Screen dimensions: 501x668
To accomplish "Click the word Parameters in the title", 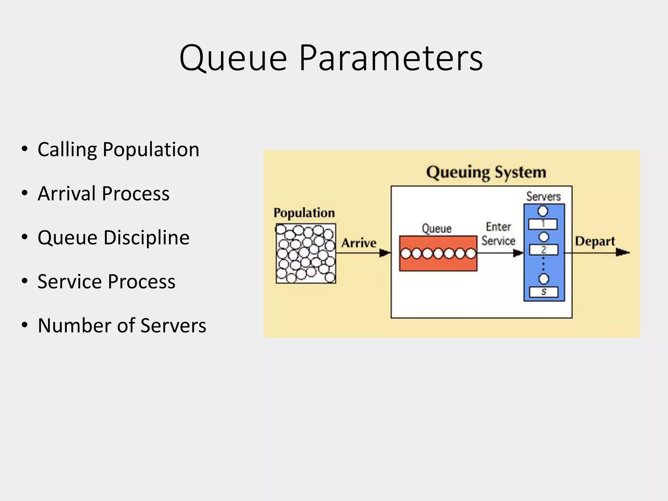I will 390,59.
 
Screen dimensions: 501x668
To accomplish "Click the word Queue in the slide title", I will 233,59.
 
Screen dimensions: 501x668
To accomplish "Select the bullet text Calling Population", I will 118,150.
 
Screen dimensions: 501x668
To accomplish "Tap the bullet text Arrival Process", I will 103,193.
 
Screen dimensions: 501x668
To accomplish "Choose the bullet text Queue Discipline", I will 113,237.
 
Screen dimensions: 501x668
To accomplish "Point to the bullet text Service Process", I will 106,281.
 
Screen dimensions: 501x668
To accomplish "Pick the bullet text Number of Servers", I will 122,326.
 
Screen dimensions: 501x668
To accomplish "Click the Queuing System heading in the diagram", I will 486,172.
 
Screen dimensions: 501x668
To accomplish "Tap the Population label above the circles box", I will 304,213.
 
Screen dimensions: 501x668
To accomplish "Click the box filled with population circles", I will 306,253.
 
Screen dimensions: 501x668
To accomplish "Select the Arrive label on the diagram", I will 359,243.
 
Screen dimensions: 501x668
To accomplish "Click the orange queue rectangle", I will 438,253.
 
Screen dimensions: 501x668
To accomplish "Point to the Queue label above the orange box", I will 436,228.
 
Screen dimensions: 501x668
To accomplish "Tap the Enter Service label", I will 498,234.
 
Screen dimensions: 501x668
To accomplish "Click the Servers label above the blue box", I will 543,196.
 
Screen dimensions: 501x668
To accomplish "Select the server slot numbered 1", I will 543,224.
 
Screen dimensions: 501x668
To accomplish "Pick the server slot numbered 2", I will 543,250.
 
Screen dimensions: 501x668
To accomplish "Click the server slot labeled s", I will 543,292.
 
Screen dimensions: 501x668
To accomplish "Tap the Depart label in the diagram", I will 595,241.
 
